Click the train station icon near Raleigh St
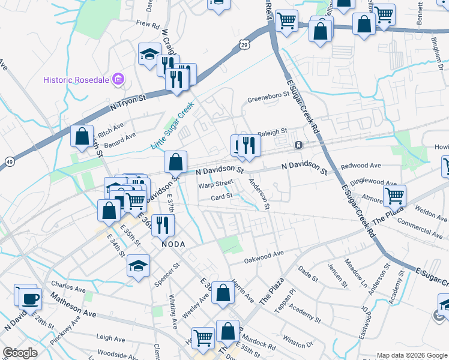(298, 145)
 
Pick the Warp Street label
(215, 184)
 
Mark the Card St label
(221, 197)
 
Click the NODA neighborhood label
(172, 244)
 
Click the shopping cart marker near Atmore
(394, 194)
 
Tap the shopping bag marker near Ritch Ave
(82, 135)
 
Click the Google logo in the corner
(20, 353)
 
